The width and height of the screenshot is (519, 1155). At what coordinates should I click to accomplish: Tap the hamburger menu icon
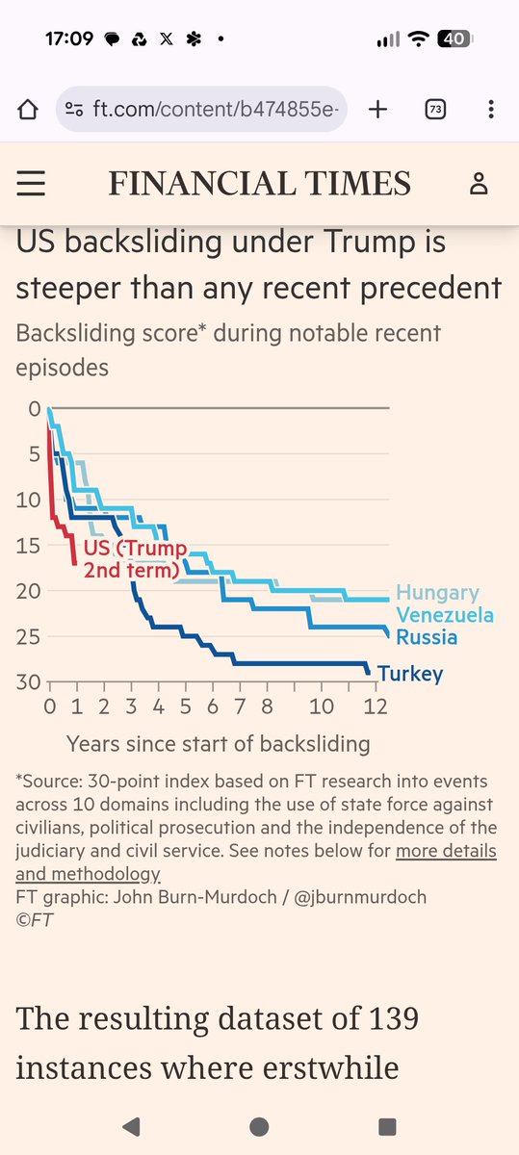click(32, 183)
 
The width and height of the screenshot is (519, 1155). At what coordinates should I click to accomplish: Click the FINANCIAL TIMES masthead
click(259, 183)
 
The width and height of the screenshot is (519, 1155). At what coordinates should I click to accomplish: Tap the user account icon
click(479, 183)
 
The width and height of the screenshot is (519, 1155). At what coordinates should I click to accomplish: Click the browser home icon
click(27, 109)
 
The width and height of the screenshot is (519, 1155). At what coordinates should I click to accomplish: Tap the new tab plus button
click(377, 109)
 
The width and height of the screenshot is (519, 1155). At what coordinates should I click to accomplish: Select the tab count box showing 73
click(435, 109)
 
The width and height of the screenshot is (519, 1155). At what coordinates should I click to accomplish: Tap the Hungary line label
click(437, 594)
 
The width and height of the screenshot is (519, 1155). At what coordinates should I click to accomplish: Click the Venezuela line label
click(444, 615)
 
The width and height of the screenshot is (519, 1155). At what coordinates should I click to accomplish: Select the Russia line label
click(427, 636)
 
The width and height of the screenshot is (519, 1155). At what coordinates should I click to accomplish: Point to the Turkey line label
click(410, 674)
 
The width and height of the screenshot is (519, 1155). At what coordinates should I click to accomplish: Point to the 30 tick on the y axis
click(26, 682)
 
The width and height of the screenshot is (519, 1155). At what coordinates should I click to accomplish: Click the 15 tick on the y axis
click(26, 546)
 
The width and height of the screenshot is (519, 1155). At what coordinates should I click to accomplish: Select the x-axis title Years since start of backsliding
click(218, 743)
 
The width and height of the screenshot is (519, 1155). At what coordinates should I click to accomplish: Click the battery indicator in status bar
click(454, 39)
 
